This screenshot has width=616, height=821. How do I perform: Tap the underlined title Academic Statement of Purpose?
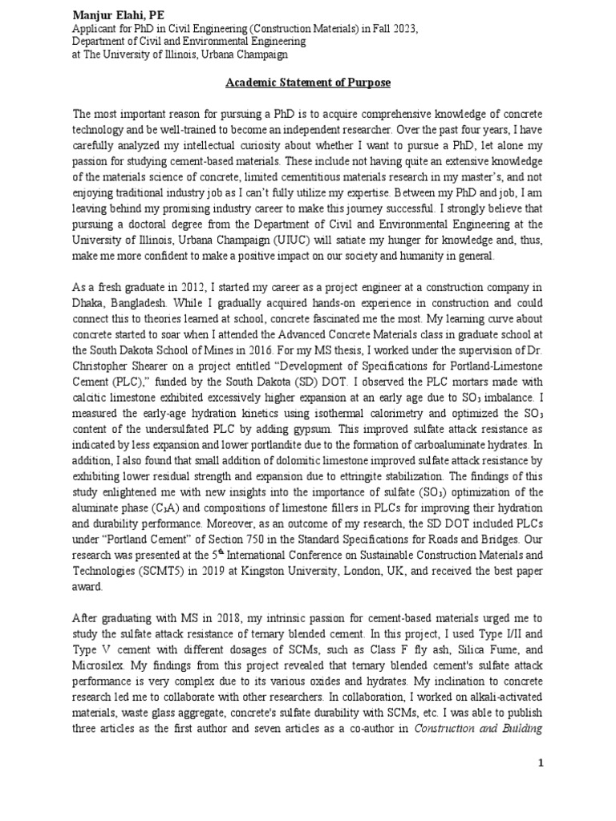(307, 83)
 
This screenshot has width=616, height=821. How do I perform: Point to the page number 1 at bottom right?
(541, 764)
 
